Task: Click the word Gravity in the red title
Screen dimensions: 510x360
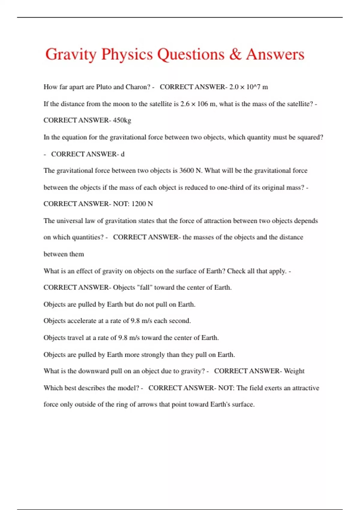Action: (71, 55)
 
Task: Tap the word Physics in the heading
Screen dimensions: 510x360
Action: (127, 55)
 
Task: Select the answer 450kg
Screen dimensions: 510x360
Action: (122, 120)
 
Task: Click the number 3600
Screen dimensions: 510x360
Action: (187, 171)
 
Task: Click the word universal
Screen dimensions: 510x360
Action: (70, 221)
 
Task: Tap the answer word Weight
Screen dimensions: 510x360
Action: (294, 371)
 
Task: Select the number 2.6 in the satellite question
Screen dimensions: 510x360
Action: (185, 104)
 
